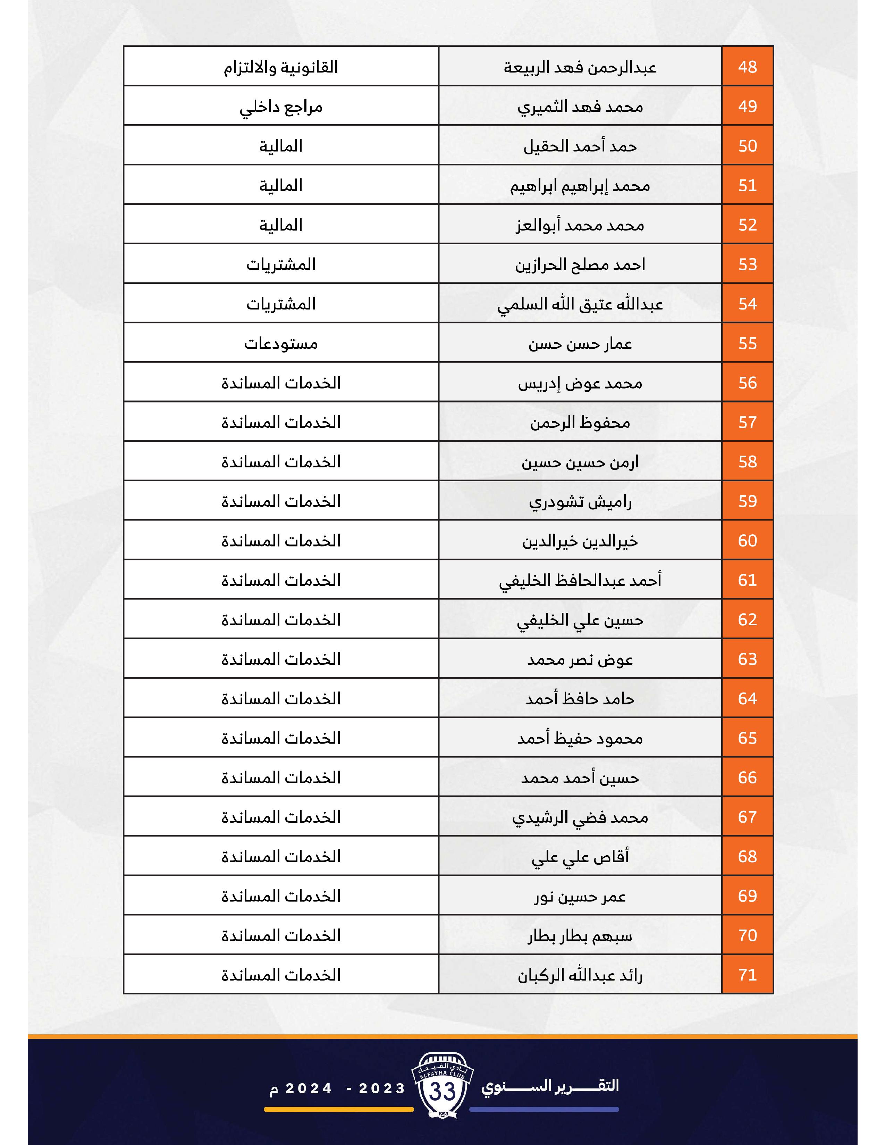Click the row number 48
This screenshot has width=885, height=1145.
tap(747, 67)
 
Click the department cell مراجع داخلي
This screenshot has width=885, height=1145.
tap(281, 107)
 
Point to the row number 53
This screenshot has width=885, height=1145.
tap(747, 264)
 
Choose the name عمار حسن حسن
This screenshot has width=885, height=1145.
tap(580, 344)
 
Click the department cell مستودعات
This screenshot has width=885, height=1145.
tap(281, 344)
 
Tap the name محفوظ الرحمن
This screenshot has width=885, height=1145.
tap(580, 423)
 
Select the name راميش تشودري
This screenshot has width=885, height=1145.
tap(580, 502)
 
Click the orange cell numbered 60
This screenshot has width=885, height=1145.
tap(747, 541)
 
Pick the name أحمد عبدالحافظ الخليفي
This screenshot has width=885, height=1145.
tap(580, 580)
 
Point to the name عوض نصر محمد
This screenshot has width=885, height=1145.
tap(580, 660)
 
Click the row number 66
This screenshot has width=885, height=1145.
tap(747, 778)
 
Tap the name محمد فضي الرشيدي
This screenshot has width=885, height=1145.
tap(580, 817)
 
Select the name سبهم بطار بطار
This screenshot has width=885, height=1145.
tap(580, 936)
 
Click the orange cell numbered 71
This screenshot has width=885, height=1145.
tap(747, 975)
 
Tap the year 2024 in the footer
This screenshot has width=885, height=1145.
tap(309, 1089)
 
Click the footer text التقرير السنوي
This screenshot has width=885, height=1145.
tap(550, 1085)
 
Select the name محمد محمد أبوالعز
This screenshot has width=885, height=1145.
tap(580, 226)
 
